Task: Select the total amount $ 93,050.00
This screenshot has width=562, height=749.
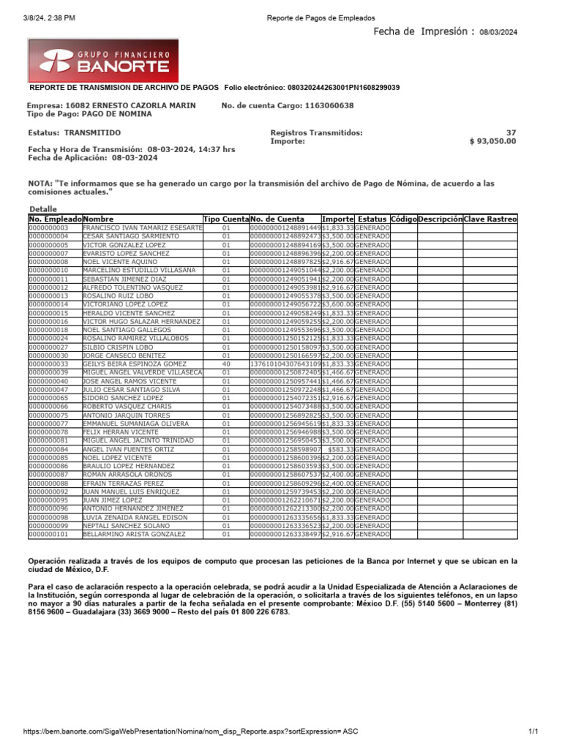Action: pos(492,141)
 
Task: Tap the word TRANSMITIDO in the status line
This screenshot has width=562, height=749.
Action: pos(93,132)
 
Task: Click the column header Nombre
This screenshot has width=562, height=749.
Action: pos(100,219)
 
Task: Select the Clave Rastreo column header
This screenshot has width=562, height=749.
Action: pos(490,219)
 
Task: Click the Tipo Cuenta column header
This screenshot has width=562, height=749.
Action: pos(225,219)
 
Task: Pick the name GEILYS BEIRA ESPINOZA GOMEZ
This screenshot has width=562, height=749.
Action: pos(135,364)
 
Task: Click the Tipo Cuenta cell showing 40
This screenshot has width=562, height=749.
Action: pos(225,364)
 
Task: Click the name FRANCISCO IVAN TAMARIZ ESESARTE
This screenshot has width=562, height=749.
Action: pos(142,228)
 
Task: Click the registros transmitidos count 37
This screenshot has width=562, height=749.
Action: pos(511,132)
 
